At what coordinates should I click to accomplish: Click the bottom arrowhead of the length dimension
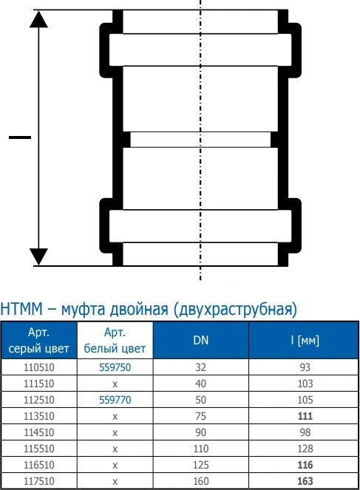38,257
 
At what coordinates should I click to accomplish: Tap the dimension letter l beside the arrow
20,137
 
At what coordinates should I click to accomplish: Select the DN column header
200,340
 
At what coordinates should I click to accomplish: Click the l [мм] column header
305,340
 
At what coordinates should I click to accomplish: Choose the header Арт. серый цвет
38,340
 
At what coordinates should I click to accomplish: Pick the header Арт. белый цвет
115,340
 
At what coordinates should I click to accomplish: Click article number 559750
115,367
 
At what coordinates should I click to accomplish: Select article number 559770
115,400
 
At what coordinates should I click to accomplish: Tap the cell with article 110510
39,367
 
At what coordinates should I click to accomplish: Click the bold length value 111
305,416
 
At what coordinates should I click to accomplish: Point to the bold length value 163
305,481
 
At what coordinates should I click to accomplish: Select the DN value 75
200,416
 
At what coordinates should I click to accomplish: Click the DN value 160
200,481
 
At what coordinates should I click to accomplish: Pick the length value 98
305,432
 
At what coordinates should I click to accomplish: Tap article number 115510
39,449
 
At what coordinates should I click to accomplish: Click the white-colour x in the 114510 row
115,433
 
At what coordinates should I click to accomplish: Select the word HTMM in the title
21,309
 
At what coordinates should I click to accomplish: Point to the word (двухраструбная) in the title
234,310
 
